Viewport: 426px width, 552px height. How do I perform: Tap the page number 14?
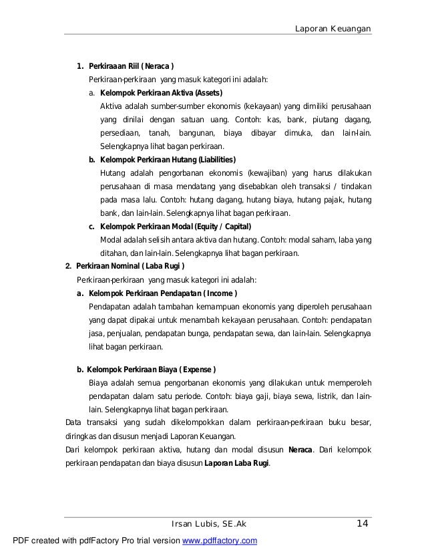(363, 523)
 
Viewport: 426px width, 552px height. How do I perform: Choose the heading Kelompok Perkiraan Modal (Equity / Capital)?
(175, 227)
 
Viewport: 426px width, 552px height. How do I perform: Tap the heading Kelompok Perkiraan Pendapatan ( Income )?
(163, 293)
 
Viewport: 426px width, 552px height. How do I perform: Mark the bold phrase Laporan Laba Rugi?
(236, 462)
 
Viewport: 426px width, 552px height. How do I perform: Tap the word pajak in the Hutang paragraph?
(334, 200)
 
